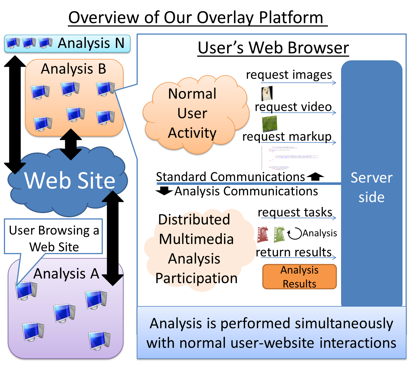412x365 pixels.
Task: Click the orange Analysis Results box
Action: click(x=299, y=276)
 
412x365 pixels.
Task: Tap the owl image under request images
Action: click(x=267, y=93)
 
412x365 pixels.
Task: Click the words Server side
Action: click(x=371, y=187)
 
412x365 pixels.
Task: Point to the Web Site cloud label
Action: click(x=70, y=180)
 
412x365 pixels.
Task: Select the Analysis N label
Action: click(x=91, y=43)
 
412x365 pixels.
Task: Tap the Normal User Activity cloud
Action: click(x=193, y=113)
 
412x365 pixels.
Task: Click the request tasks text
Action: click(x=295, y=212)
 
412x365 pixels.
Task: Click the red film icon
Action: click(x=263, y=234)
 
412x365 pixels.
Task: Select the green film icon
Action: click(x=279, y=234)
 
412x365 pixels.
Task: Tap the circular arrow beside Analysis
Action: click(x=295, y=233)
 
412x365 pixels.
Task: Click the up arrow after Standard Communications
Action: click(x=315, y=176)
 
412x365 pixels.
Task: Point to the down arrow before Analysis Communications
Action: click(x=164, y=191)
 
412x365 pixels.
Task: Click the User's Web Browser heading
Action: click(x=273, y=48)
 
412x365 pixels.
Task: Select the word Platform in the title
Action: click(x=291, y=18)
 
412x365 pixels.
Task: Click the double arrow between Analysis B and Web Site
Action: click(x=71, y=144)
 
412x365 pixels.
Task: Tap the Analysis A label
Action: click(x=66, y=274)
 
